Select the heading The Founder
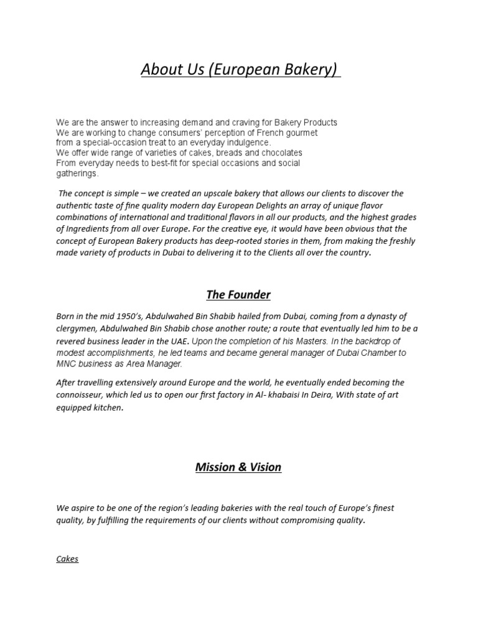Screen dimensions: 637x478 [x=239, y=294]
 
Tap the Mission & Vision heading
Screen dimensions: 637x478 [x=239, y=467]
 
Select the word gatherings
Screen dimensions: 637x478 [x=77, y=173]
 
